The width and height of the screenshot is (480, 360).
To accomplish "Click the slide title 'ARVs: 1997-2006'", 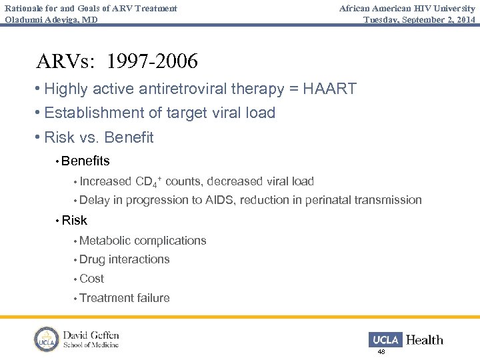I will tap(117, 61).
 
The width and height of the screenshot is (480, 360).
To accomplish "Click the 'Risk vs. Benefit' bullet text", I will tap(99, 138).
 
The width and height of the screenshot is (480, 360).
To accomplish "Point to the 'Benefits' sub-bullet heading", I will tap(85, 161).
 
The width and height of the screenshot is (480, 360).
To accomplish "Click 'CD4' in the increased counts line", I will tap(147, 181).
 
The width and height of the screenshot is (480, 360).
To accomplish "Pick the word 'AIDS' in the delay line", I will tap(219, 200).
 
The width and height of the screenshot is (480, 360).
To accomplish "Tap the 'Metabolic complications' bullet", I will tap(143, 241).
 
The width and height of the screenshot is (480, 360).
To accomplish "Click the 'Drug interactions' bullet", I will tap(124, 259).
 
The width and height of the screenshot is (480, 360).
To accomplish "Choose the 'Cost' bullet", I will tap(91, 279).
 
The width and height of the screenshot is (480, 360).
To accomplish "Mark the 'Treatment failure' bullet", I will tap(124, 298).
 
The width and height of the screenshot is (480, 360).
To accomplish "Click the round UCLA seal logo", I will tap(47, 339).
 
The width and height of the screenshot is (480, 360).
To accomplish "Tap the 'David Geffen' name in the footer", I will tap(91, 335).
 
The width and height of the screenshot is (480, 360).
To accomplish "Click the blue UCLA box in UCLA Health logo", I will tap(385, 340).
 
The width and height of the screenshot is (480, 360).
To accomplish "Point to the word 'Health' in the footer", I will tap(424, 340).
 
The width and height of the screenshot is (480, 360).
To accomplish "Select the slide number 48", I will tap(381, 351).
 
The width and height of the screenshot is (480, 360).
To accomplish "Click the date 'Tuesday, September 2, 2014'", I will tap(419, 19).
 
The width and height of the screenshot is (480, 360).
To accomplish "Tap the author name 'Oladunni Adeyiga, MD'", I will tap(51, 19).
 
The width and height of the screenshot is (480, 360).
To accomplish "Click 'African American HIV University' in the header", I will tap(407, 8).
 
